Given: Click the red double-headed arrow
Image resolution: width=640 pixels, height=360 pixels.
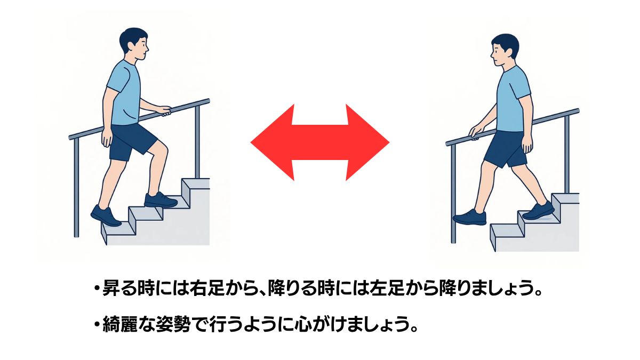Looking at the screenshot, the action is (x=319, y=142).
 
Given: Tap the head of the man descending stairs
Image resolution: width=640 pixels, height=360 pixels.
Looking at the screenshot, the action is (x=505, y=50).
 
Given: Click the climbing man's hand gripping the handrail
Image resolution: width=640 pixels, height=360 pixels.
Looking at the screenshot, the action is (x=164, y=111).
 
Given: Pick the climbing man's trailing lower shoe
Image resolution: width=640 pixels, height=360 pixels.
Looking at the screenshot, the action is (x=105, y=215).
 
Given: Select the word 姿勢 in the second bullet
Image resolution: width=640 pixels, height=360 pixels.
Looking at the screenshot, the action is (x=173, y=324).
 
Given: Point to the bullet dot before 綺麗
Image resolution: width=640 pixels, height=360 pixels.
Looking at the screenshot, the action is (x=98, y=325).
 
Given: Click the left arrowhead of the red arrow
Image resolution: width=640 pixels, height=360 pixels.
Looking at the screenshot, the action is (x=273, y=142).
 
